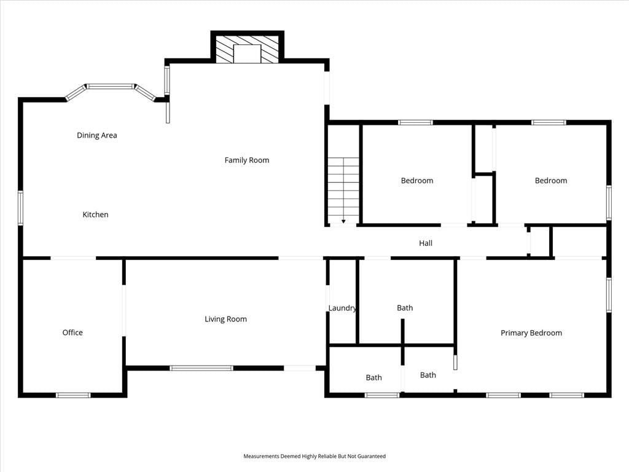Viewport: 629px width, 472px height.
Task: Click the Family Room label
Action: (x=247, y=160)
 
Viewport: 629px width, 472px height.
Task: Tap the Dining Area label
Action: (x=96, y=135)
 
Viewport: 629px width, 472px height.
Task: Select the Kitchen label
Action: (x=95, y=214)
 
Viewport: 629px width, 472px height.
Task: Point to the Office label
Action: (x=72, y=332)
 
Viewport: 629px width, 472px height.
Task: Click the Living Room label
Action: (x=225, y=319)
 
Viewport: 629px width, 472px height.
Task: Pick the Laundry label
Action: (x=342, y=308)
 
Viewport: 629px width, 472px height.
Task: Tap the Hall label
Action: (x=426, y=243)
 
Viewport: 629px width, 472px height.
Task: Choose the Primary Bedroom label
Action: (x=531, y=332)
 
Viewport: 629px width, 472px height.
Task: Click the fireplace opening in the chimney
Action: (x=247, y=54)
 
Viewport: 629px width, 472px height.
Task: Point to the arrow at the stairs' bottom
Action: (x=343, y=221)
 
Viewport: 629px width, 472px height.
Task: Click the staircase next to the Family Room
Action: (x=343, y=191)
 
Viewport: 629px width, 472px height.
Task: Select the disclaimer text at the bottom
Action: (x=314, y=457)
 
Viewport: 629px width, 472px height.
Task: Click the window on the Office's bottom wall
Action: (x=73, y=395)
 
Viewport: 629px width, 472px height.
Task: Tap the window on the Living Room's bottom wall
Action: (x=201, y=368)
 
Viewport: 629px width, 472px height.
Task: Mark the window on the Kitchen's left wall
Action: (x=20, y=208)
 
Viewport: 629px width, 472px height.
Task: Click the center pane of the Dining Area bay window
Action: (x=111, y=86)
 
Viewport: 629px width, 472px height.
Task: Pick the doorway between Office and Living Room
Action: (x=124, y=310)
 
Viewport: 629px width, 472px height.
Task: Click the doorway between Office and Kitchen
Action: (x=74, y=258)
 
